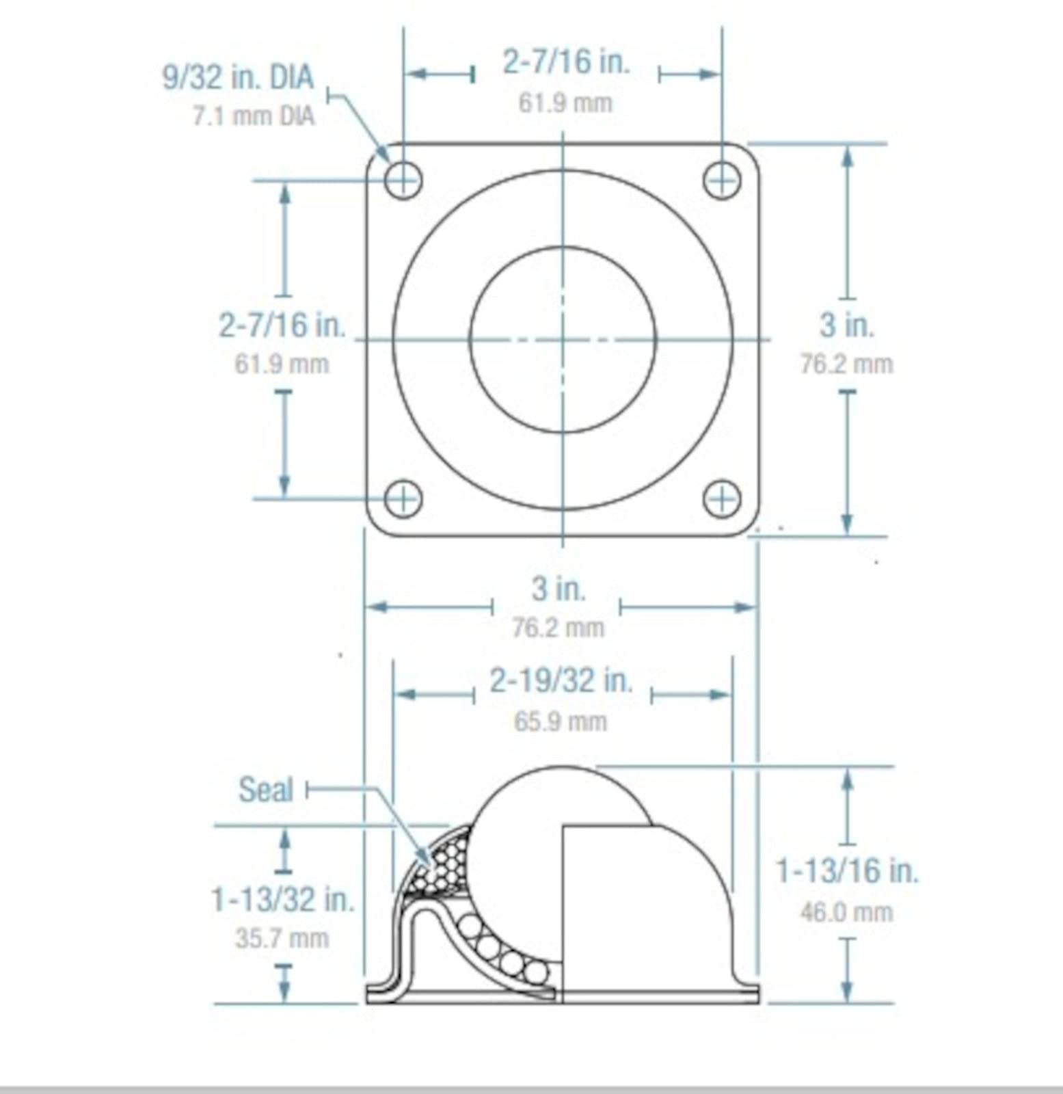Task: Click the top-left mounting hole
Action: tap(403, 181)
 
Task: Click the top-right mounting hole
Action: tap(722, 181)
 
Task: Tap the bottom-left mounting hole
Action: tap(403, 498)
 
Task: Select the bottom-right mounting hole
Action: tap(722, 498)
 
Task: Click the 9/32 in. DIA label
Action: tap(238, 77)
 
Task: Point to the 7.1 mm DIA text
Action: tap(253, 116)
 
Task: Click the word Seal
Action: tap(265, 790)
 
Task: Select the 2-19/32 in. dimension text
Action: tap(561, 680)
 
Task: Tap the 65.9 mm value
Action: tap(560, 721)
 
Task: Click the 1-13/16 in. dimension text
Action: tap(847, 871)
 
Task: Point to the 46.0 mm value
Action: tap(846, 911)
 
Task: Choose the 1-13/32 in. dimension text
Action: tap(282, 898)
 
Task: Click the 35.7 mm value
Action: tap(282, 938)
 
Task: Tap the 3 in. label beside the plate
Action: tap(847, 325)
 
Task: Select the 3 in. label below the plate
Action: tap(559, 589)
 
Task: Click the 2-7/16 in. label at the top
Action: tap(565, 62)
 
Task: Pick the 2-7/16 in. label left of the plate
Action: tap(282, 325)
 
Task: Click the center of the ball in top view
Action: tap(563, 339)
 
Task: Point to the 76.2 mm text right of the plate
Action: tap(846, 364)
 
